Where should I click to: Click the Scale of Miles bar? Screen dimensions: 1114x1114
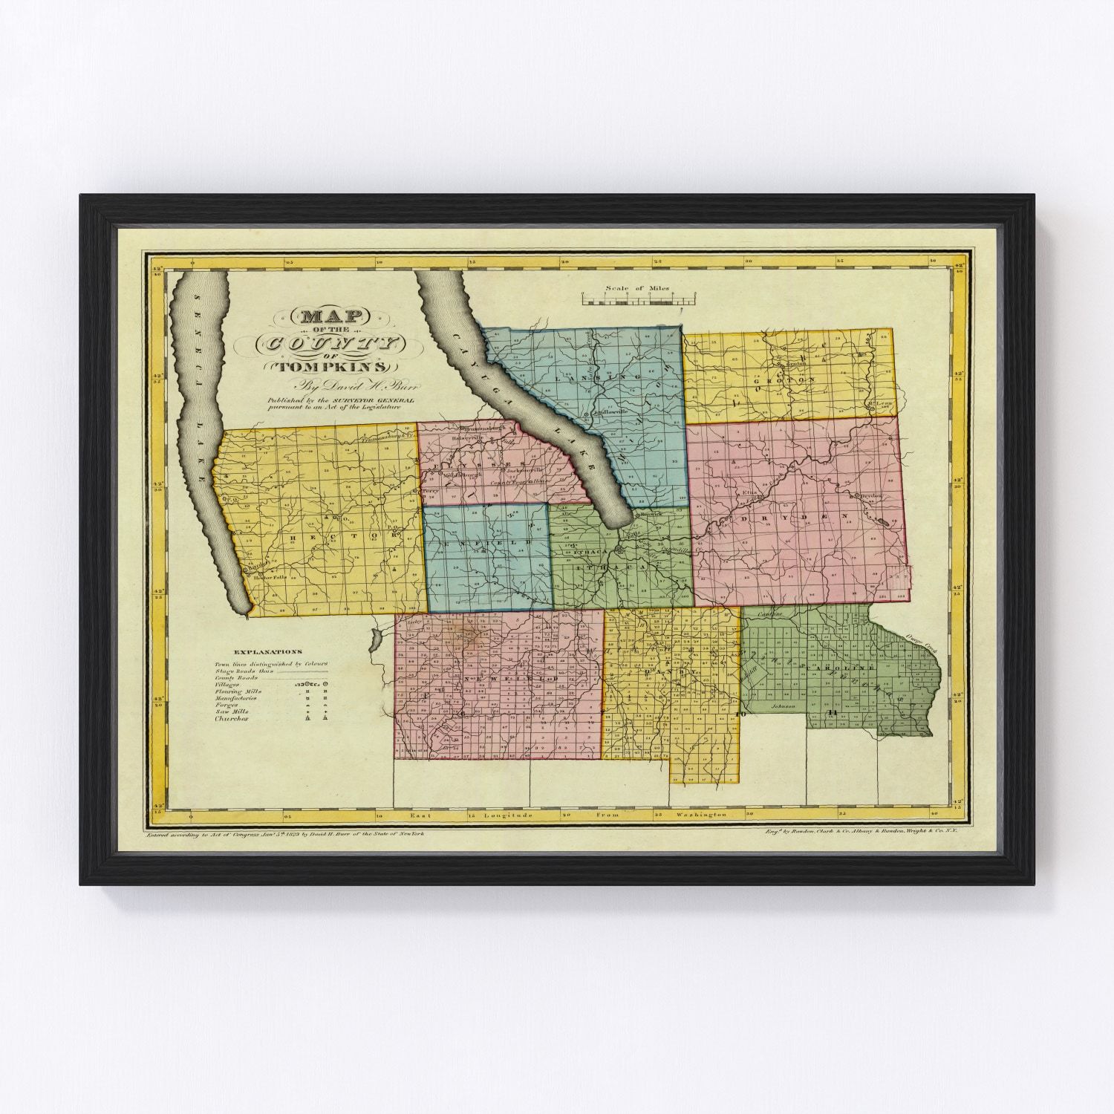click(x=638, y=299)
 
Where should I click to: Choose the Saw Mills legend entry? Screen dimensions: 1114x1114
click(x=231, y=711)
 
